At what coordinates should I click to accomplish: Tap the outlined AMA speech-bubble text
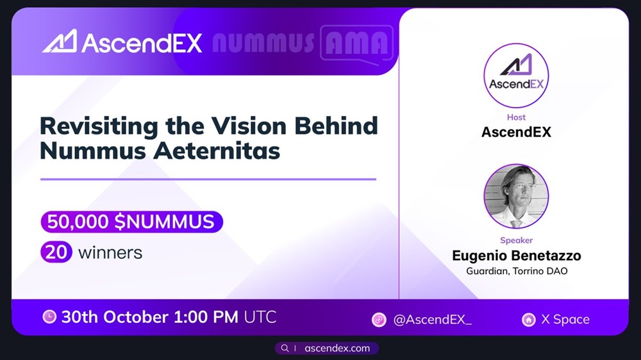coord(356,43)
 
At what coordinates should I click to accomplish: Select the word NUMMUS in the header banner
coord(263,43)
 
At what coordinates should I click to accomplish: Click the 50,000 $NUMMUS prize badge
coord(131,222)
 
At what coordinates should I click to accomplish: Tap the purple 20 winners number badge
coord(55,252)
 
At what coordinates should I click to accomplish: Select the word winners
coord(110,252)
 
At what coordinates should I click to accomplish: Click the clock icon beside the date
coord(49,317)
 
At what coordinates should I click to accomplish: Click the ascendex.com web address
coord(337,348)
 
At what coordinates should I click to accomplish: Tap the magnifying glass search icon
coord(285,348)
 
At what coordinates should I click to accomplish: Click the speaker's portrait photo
coord(516,196)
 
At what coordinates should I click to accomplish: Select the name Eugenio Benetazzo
coord(516,256)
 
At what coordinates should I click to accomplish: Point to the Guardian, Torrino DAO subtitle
coord(516,271)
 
